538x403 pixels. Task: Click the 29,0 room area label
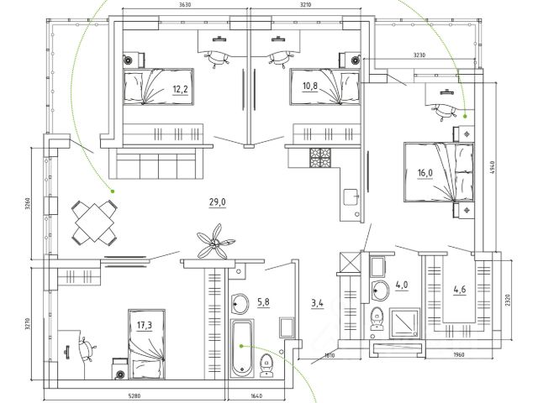[x=218, y=202]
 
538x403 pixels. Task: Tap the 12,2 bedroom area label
[x=180, y=88]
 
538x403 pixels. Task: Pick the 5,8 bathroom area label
[x=263, y=301]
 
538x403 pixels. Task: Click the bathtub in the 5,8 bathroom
[x=241, y=347]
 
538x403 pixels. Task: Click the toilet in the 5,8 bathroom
[x=267, y=365]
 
